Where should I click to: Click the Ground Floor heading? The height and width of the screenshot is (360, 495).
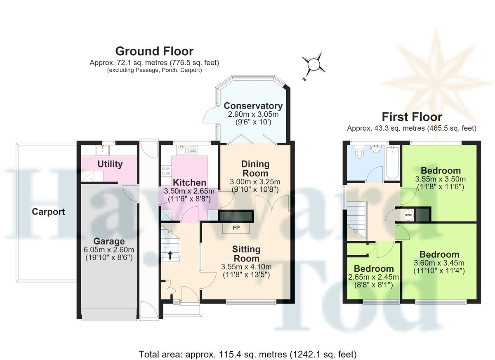point(154,51)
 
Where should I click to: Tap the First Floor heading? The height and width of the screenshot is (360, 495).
point(412,117)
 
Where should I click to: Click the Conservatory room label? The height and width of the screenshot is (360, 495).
point(253,106)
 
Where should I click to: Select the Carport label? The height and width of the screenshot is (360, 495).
point(48,212)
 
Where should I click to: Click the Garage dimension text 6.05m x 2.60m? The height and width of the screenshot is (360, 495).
point(109,249)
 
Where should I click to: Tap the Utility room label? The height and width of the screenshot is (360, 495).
point(110,164)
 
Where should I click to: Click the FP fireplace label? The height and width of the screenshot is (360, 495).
point(236,228)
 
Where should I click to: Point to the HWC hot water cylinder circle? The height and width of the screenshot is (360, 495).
point(408,215)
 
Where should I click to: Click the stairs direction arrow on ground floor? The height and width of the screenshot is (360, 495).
point(170,255)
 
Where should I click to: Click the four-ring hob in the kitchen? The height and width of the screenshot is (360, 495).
point(166,171)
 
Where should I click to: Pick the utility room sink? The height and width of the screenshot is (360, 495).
point(102,151)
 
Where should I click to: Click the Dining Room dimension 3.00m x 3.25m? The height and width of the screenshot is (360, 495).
point(255,182)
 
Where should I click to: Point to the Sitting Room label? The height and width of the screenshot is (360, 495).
point(246,254)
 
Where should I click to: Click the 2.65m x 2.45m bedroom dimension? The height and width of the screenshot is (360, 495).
point(373,277)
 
